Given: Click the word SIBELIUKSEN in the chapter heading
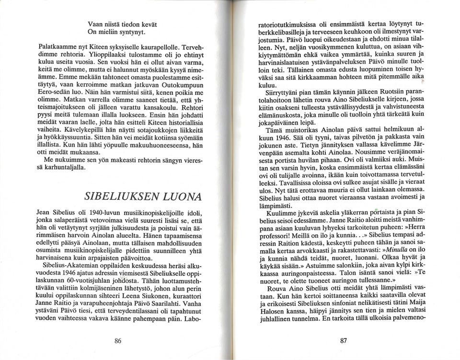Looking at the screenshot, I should point(115,197).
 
